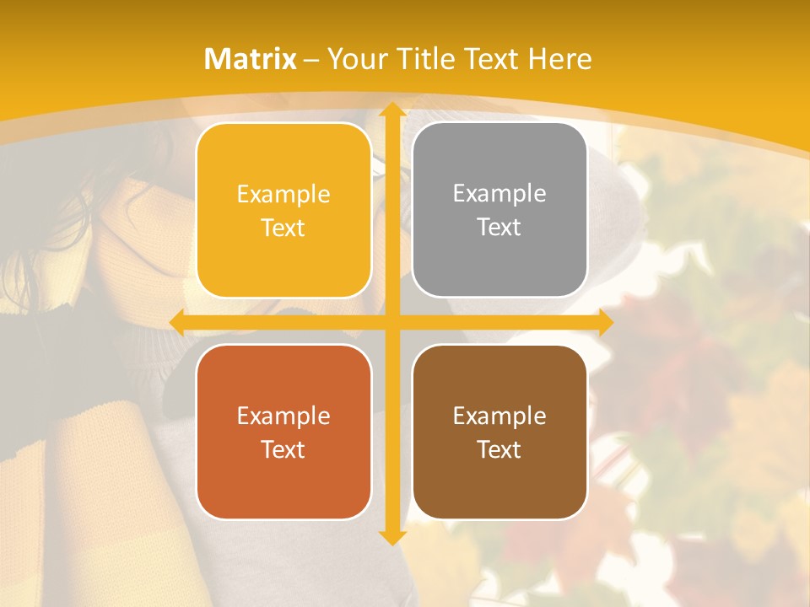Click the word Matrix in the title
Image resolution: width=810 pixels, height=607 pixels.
click(251, 59)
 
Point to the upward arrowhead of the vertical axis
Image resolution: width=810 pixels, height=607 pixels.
click(391, 110)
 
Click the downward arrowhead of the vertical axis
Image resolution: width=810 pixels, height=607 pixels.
click(391, 537)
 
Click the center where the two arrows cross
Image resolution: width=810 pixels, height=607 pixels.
click(391, 322)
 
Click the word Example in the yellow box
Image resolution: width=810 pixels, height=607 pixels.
click(283, 195)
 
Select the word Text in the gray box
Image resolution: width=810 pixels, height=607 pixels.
click(499, 228)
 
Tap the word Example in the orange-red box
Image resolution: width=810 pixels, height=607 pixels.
click(283, 416)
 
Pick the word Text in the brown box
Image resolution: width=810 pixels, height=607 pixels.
click(499, 450)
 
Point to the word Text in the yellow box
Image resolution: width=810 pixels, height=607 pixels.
click(283, 228)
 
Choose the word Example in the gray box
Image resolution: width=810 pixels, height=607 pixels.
click(499, 194)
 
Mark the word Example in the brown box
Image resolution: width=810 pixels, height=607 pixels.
click(499, 416)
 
